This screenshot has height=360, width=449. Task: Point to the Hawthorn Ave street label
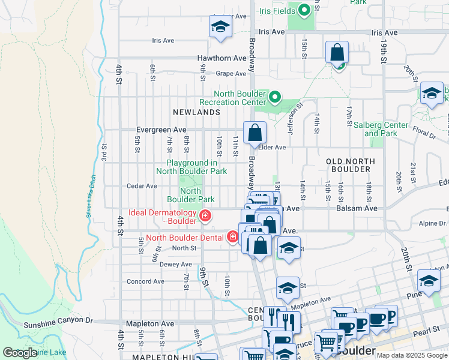pos(222,58)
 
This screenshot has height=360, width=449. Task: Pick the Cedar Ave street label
pos(142,186)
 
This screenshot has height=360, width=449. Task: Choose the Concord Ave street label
pos(145,281)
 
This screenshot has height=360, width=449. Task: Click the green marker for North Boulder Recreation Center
pos(275,97)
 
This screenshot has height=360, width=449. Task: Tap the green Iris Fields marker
pos(304,10)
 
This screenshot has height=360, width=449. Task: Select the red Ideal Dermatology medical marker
pos(205,216)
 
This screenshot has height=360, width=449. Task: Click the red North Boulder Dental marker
pos(232,237)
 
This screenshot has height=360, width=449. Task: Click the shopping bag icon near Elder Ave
pos(255,133)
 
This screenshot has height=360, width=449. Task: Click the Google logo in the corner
pos(20,353)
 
